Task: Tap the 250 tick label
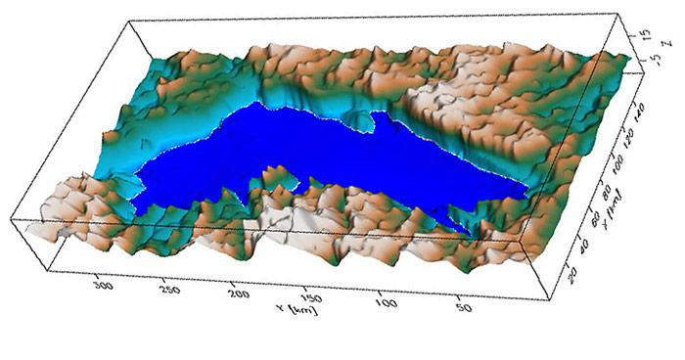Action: pyautogui.click(x=169, y=291)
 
